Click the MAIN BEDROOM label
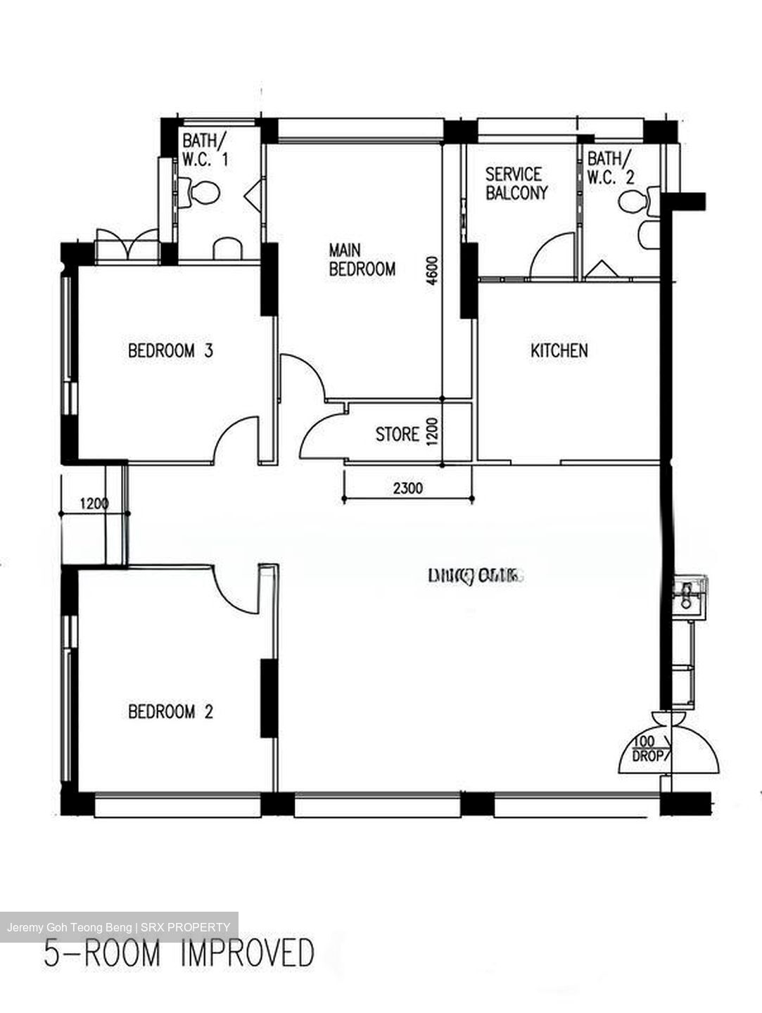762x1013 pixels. [x=362, y=260]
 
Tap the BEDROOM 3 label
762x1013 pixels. [x=170, y=350]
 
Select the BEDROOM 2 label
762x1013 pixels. [x=170, y=712]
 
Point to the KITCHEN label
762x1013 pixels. [x=559, y=350]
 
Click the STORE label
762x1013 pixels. [x=397, y=435]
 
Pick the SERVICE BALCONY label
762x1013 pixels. [x=516, y=184]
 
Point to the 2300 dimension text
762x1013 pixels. [x=407, y=488]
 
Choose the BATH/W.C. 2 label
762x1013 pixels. [x=610, y=167]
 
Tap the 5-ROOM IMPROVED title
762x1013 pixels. [x=179, y=955]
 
